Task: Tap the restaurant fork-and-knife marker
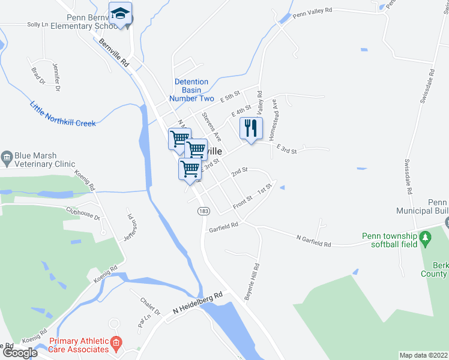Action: point(252,128)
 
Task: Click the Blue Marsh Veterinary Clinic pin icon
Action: point(7,158)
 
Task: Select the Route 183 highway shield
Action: point(204,211)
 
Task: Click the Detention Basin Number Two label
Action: point(191,90)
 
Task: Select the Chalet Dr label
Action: point(149,307)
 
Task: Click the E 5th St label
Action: point(229,97)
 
